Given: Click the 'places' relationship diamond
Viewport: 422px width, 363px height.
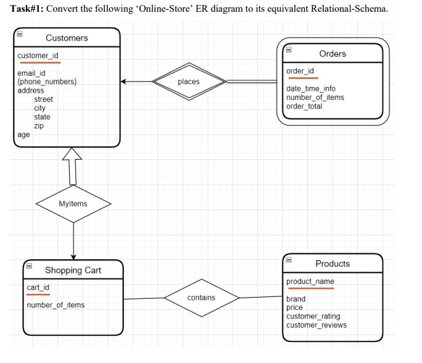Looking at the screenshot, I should (188, 81).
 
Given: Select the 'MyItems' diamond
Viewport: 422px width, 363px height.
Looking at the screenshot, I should (73, 204).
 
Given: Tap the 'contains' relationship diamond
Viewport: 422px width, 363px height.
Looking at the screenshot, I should (201, 298).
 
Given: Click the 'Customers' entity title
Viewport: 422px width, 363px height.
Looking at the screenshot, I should (67, 38).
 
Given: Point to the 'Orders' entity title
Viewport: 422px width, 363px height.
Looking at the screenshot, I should (333, 54).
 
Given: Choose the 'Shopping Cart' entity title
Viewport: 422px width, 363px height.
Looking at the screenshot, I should (73, 270).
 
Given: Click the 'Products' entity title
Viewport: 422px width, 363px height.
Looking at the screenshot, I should (333, 264).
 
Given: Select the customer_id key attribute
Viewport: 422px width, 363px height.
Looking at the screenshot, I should (38, 56).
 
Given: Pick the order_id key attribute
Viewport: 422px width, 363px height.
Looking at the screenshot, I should (300, 71).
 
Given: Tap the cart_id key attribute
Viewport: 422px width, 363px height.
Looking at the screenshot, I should (38, 288).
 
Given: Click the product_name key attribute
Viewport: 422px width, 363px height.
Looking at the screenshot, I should (310, 282).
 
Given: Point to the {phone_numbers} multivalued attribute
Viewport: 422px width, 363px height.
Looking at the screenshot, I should (48, 82).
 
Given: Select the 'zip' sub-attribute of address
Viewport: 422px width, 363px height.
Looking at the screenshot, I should (39, 126).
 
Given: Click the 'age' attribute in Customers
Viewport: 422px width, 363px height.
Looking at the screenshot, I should (23, 135).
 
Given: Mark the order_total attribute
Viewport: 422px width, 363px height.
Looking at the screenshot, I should (304, 106).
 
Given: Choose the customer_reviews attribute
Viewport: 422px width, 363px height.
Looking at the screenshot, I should (316, 325).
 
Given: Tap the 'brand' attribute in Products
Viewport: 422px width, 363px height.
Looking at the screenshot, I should (296, 299).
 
